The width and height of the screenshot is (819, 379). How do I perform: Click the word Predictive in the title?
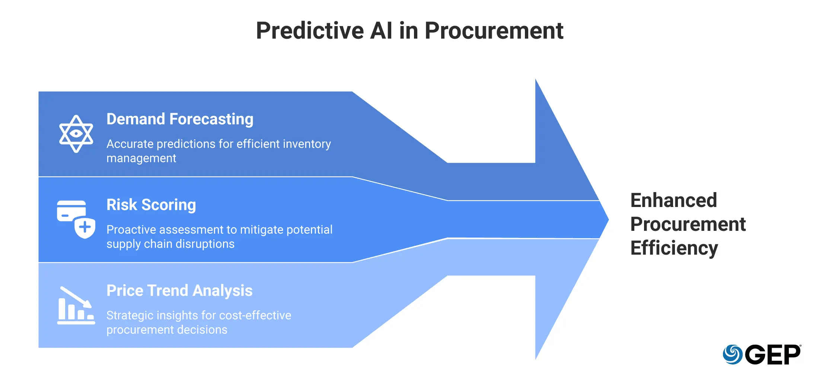310,31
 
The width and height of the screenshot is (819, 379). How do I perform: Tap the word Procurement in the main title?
494,31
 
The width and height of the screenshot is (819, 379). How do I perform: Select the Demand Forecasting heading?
180,119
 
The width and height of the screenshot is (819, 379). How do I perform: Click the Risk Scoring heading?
151,205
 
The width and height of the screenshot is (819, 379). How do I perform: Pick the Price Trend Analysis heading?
179,290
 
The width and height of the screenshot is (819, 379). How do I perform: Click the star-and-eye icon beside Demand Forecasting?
76,134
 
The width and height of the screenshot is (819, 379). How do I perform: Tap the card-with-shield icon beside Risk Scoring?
76,219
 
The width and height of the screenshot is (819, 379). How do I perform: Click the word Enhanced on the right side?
673,200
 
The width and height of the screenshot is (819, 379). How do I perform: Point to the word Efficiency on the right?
674,248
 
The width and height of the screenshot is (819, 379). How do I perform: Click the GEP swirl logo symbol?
732,354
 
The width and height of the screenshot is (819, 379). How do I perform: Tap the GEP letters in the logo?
772,355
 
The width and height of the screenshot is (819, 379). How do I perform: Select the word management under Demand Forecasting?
141,159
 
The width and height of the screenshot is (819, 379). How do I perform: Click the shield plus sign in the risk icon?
85,227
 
